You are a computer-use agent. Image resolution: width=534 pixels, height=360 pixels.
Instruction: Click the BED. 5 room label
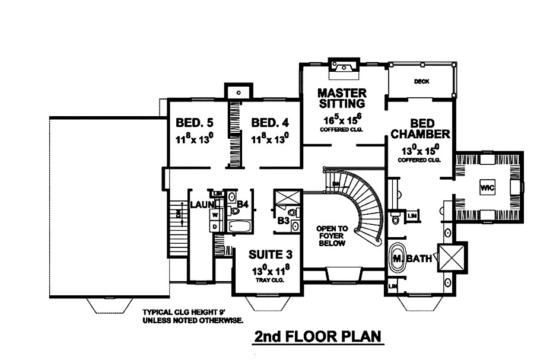(x=195, y=123)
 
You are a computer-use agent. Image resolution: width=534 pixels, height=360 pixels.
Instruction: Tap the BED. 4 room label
(x=270, y=123)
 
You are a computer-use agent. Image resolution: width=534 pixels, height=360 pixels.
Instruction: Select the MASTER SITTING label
(x=341, y=98)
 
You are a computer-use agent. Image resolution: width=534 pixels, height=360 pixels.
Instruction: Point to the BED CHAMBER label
(x=420, y=129)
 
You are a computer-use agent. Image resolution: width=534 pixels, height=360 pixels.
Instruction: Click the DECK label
(x=421, y=81)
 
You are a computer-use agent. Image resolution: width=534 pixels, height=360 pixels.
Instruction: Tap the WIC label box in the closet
(x=487, y=187)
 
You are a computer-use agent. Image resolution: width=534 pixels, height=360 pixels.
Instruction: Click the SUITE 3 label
(x=270, y=255)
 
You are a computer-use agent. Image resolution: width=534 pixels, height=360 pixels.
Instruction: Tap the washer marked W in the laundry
(x=214, y=214)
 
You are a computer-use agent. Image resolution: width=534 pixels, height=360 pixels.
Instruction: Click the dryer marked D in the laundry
(x=214, y=227)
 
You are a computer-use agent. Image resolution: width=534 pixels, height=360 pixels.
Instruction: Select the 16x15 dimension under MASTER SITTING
(x=341, y=118)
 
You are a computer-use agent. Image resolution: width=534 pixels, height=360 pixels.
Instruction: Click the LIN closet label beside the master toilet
(x=412, y=216)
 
